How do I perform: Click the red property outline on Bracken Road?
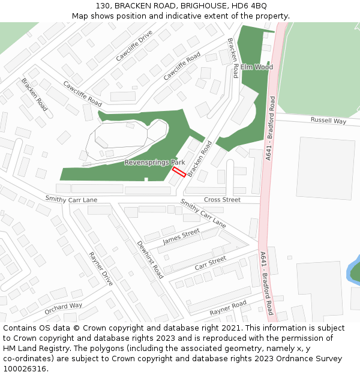point(179,172)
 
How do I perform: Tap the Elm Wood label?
point(257,67)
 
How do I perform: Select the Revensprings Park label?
point(154,163)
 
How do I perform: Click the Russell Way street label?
point(328,121)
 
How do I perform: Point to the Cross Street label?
point(222,200)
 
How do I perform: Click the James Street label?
point(181,235)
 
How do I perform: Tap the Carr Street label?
point(210,262)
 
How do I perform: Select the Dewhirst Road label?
point(150,260)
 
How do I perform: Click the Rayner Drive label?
point(100,268)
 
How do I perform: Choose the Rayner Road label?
point(227,308)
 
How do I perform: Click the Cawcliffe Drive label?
point(134,46)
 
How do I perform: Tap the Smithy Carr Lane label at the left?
point(71,199)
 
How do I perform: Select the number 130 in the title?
point(103,5)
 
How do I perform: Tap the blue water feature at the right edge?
point(354,270)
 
